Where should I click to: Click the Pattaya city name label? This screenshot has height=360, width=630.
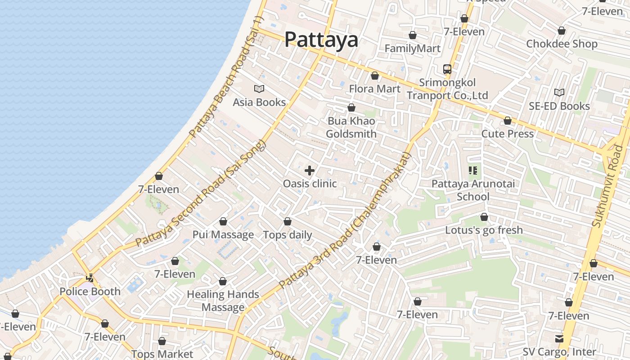tap(321, 40)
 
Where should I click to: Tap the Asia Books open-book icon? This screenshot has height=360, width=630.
tap(259, 89)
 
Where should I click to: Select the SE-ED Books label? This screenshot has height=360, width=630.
tap(559, 106)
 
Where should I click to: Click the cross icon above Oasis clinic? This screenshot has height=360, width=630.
tap(310, 171)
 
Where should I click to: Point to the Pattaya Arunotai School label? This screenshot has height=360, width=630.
tap(473, 190)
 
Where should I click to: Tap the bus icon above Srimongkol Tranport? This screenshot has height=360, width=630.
tap(447, 69)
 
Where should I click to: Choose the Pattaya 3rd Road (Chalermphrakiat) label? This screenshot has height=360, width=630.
tap(346, 220)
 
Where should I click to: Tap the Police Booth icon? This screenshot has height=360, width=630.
tap(90, 278)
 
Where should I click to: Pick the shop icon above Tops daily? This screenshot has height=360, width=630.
tap(288, 222)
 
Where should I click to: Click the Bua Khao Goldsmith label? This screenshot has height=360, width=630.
tap(351, 127)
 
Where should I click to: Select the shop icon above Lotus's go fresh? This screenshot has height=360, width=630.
tap(484, 217)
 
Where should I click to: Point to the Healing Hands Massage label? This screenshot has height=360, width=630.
tap(223, 301)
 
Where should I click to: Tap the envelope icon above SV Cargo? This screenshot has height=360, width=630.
tap(559, 338)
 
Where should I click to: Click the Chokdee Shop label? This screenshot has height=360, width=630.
tap(562, 44)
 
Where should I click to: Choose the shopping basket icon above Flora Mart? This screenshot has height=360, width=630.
tap(374, 76)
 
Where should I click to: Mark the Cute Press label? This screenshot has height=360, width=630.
tap(508, 134)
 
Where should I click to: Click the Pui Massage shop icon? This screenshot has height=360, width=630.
tap(223, 222)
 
